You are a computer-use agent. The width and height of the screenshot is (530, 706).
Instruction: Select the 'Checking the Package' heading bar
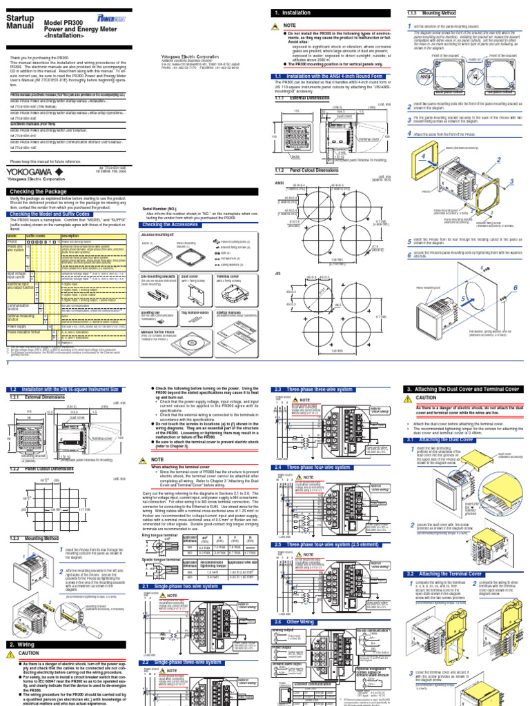click(41, 191)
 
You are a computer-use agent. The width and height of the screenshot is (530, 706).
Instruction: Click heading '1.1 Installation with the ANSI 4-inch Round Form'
click(330, 76)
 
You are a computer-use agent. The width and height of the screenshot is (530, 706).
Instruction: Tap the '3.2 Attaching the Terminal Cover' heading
click(447, 573)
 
